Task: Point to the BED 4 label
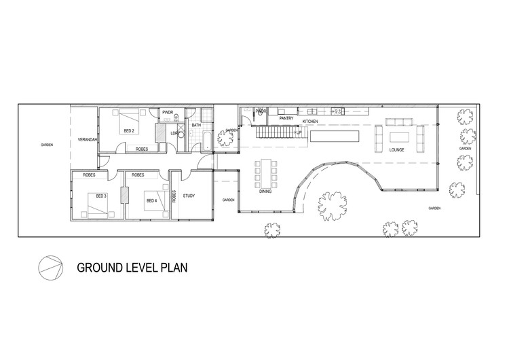pyautogui.click(x=151, y=200)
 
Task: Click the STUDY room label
pyautogui.click(x=189, y=197)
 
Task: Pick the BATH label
pyautogui.click(x=196, y=125)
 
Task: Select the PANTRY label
pyautogui.click(x=286, y=118)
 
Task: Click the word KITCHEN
pyautogui.click(x=310, y=121)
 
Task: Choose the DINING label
pyautogui.click(x=267, y=192)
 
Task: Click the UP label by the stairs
pyautogui.click(x=298, y=132)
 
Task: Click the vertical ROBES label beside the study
pyautogui.click(x=174, y=196)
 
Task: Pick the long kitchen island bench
pyautogui.click(x=335, y=137)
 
